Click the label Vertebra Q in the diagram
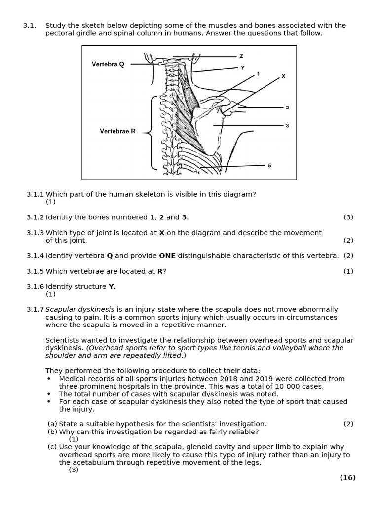pos(108,64)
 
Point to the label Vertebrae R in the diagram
pos(117,131)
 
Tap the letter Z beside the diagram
pos(241,56)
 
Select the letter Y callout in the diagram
pos(242,68)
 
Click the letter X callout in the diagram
pos(283,76)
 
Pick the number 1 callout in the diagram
pos(258,74)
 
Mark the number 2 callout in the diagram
pos(287,108)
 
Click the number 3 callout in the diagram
pos(287,126)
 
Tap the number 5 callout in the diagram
pos(269,166)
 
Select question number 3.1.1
pos(35,194)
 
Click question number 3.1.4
pos(35,256)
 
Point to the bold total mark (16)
pos(347,477)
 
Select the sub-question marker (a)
pos(52,424)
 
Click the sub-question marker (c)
pos(52,447)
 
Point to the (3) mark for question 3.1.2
pos(348,217)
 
